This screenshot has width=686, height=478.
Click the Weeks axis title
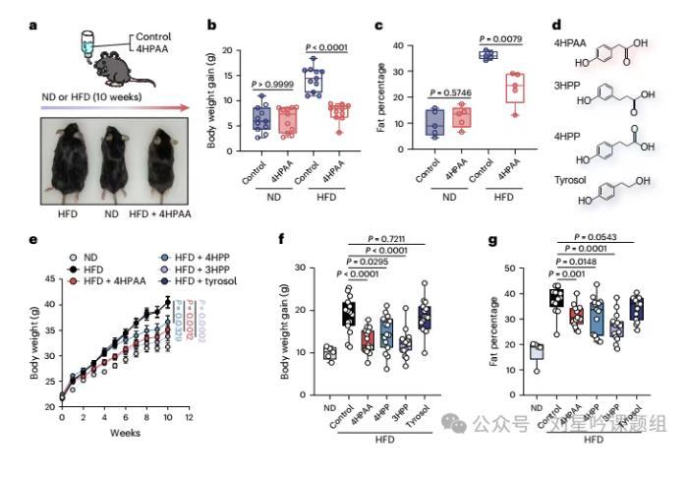123,432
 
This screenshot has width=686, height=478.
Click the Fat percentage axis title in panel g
474,326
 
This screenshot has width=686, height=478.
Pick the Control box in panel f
346,315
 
